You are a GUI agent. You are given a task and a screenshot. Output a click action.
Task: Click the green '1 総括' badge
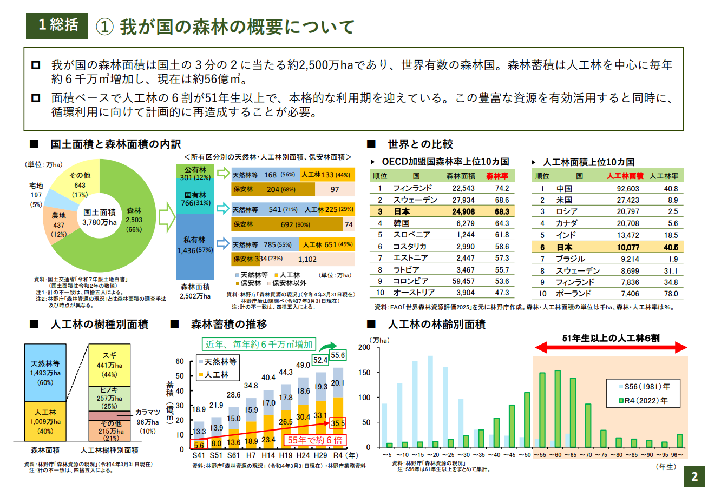pyautogui.click(x=57, y=25)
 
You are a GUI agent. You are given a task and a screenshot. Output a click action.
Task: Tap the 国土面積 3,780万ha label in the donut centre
pyautogui.click(x=99, y=216)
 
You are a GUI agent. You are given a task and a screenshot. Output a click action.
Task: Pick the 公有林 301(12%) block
pyautogui.click(x=195, y=174)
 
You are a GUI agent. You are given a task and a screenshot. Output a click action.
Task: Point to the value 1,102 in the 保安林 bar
pyautogui.click(x=307, y=259)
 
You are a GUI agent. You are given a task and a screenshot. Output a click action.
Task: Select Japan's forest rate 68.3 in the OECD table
pyautogui.click(x=501, y=211)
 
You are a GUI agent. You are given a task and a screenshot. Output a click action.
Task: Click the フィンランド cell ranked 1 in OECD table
pyautogui.click(x=412, y=188)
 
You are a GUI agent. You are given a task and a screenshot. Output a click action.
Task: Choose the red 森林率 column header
pyautogui.click(x=496, y=176)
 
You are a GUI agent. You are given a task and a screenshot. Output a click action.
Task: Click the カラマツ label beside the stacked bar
pyautogui.click(x=147, y=412)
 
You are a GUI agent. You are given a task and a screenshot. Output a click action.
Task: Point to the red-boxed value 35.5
pyautogui.click(x=337, y=423)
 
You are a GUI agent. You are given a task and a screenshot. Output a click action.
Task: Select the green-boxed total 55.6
pyautogui.click(x=338, y=355)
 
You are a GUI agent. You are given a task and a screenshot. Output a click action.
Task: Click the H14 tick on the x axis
pyautogui.click(x=268, y=456)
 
